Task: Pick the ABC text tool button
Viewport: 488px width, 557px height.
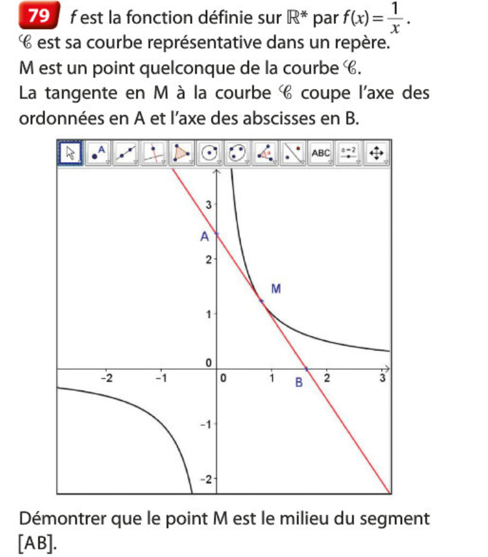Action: coord(320,153)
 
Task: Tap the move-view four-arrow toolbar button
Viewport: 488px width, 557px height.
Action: coord(378,153)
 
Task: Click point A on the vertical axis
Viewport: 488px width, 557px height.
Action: coord(217,235)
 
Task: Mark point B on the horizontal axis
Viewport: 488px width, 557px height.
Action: coord(306,369)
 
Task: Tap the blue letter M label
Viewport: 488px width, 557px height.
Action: coord(274,289)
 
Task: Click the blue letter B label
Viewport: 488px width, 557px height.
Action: coord(299,382)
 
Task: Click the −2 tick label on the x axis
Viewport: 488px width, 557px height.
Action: coord(108,378)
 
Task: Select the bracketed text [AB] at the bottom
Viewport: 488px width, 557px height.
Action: coord(36,542)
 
